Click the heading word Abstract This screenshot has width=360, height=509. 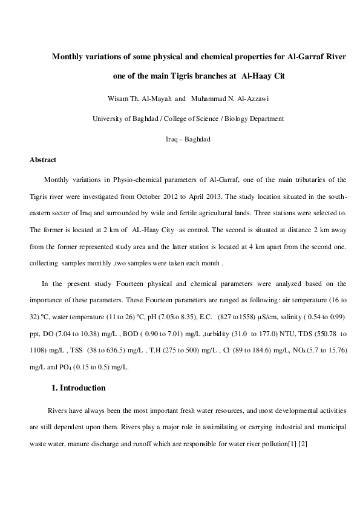pyautogui.click(x=43, y=160)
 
